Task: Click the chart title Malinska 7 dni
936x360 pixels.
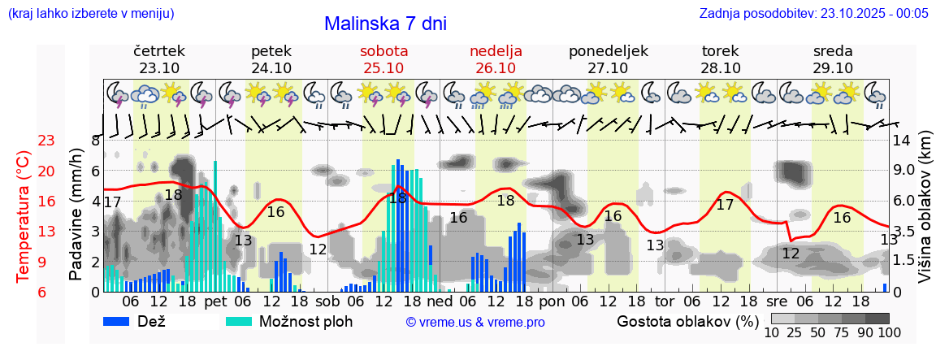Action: click(x=385, y=24)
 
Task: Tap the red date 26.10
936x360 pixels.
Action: click(x=496, y=68)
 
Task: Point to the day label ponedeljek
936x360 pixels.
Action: click(x=608, y=51)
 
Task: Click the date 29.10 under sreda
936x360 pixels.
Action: click(x=833, y=68)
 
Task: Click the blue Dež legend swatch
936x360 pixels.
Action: click(x=122, y=321)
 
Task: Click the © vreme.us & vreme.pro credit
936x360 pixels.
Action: click(x=475, y=323)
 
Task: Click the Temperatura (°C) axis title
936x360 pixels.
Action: click(x=23, y=217)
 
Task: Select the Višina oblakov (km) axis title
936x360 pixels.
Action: click(x=924, y=215)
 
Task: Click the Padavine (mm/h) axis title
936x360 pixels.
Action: click(x=77, y=215)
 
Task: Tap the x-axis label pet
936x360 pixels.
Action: click(x=215, y=301)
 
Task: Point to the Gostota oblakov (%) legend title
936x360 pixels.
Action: click(x=688, y=321)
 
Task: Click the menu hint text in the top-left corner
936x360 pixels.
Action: click(x=90, y=13)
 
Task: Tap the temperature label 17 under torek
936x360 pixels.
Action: click(x=725, y=205)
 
